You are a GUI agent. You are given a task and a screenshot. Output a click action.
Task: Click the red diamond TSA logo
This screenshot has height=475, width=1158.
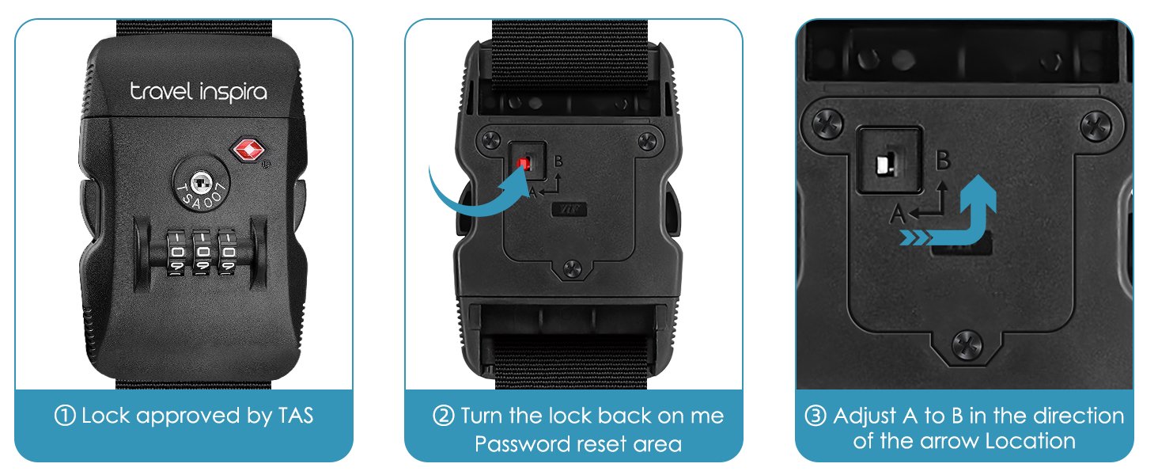tap(248, 150)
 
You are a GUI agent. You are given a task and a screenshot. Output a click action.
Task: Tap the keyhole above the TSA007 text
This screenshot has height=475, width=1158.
tap(200, 184)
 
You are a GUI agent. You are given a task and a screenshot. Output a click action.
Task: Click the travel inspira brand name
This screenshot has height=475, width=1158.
tap(199, 92)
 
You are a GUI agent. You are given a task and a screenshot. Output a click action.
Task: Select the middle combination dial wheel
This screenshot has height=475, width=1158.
tap(202, 253)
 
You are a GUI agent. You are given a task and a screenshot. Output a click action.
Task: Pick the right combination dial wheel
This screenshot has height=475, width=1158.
tap(227, 253)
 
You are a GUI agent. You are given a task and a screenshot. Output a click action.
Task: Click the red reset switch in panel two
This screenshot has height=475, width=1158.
tap(523, 165)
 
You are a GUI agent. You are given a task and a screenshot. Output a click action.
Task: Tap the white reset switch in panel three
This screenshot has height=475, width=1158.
tap(884, 165)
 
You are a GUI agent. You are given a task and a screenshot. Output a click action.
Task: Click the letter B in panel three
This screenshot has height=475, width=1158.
tap(943, 160)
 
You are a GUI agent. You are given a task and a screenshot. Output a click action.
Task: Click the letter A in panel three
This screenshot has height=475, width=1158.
tap(898, 214)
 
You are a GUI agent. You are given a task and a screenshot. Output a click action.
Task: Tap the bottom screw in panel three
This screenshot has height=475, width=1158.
tap(967, 345)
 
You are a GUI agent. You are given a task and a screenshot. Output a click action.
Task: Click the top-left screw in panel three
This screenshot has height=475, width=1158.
tap(828, 123)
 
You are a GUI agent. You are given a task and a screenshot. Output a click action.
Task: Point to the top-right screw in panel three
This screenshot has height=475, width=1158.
tap(1096, 126)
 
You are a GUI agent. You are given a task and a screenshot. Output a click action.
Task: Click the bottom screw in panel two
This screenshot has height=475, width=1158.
tap(573, 268)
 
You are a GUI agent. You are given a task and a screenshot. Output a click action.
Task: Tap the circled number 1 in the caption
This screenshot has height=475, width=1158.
tap(65, 416)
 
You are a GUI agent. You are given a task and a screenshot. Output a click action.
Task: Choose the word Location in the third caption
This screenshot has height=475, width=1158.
tap(1031, 441)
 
